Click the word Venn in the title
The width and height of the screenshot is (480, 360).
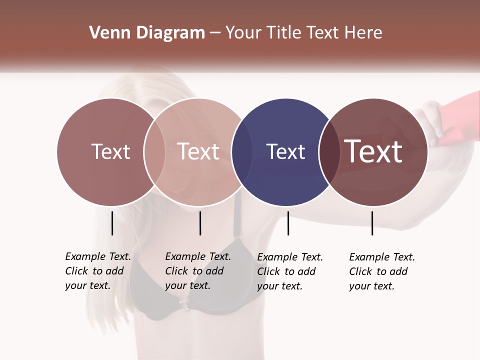(106, 33)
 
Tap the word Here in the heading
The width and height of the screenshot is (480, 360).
(363, 33)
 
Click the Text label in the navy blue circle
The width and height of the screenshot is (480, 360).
(285, 152)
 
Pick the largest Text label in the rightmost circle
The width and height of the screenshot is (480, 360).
(373, 151)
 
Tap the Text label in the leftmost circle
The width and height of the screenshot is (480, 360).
(110, 152)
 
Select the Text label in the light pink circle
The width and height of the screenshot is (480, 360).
(198, 152)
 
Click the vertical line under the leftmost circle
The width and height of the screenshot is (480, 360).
(112, 223)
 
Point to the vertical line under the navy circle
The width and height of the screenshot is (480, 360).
(288, 223)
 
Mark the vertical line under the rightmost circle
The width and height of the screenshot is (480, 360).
(372, 223)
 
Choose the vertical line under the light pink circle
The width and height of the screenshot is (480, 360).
(200, 223)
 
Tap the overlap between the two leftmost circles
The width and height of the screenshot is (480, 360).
(154, 152)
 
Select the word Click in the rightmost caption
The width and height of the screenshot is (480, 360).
(360, 271)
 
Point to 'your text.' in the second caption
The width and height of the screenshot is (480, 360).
(187, 286)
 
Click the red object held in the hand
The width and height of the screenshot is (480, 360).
(455, 125)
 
